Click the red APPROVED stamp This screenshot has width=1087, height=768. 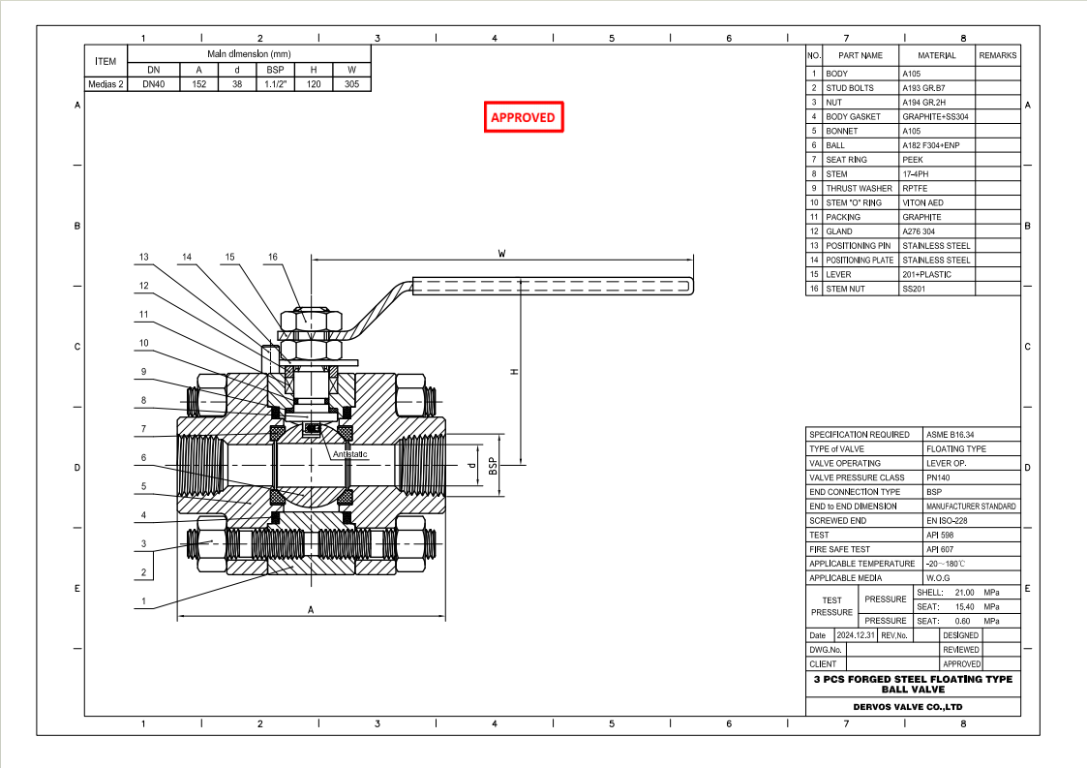523,117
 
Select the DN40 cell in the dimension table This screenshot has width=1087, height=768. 153,84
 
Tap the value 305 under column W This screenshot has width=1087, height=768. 351,84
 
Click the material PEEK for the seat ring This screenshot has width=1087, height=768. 913,160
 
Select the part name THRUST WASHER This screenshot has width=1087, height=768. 859,189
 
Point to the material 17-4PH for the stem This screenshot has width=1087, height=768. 916,174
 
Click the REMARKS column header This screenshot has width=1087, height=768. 997,56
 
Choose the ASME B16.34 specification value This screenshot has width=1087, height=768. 951,435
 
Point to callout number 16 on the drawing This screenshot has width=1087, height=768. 274,258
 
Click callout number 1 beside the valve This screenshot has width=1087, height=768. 143,601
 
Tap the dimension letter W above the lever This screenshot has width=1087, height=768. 501,253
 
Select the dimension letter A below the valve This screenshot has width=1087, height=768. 310,610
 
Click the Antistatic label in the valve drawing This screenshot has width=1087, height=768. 350,454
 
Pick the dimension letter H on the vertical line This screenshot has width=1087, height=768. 515,372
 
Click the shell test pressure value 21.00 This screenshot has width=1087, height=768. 964,592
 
